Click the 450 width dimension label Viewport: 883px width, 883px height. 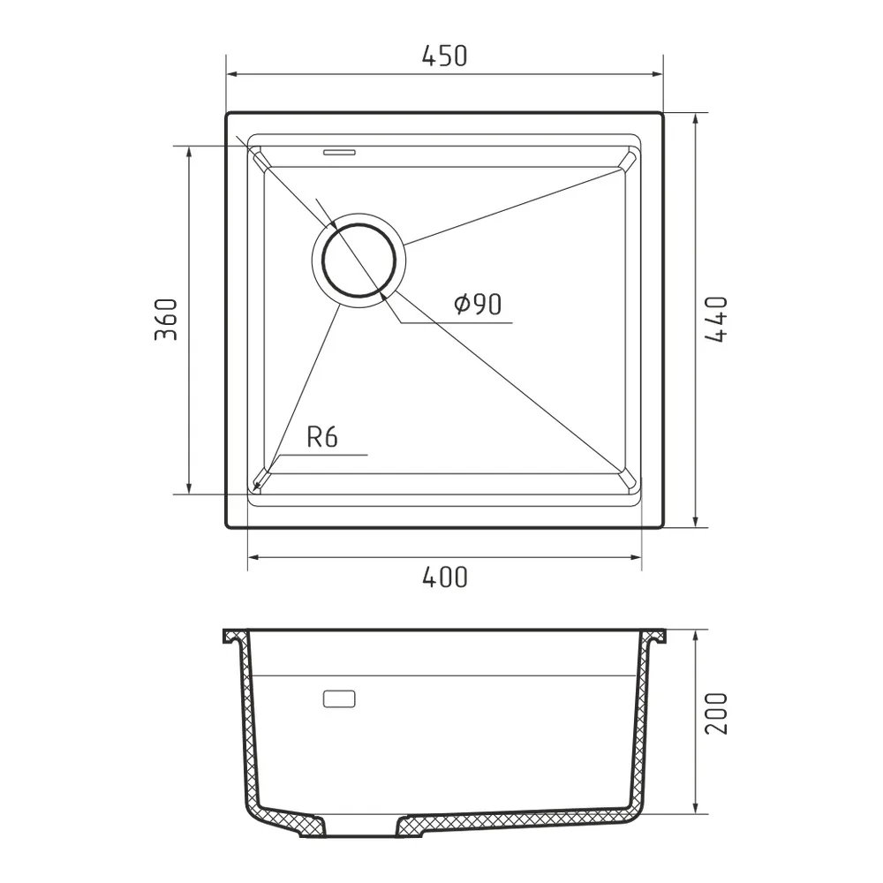tap(444, 57)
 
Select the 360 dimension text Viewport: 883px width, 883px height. tap(166, 320)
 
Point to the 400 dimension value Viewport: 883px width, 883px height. tap(444, 577)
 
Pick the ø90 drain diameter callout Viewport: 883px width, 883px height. tap(478, 305)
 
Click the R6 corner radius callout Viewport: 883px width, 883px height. tap(322, 437)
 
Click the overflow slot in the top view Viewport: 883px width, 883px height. tap(340, 152)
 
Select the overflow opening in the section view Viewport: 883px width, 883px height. tap(340, 699)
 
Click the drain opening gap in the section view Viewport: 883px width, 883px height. tap(362, 830)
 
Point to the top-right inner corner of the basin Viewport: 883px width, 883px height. tap(628, 160)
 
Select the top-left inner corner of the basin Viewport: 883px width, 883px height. tap(261, 160)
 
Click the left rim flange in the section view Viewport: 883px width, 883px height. tap(234, 638)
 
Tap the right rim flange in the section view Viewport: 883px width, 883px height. tap(654, 638)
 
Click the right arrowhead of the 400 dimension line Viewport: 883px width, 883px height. tap(637, 557)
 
